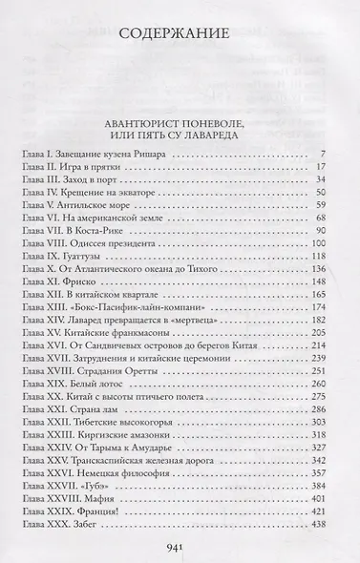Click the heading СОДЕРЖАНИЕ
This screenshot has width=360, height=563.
coord(180,37)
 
